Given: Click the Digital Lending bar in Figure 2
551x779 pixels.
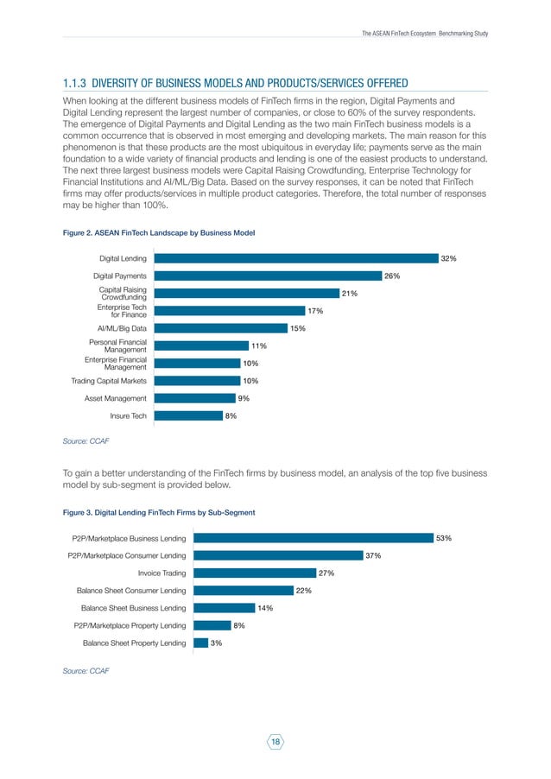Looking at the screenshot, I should [294, 258].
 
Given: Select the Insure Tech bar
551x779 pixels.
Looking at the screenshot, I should [187, 415].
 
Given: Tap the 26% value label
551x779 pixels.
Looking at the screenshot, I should [393, 275].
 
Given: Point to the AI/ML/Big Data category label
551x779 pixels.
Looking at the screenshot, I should [122, 328].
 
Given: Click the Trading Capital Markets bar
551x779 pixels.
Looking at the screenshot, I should [197, 380].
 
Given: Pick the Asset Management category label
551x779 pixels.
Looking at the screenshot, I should [115, 398].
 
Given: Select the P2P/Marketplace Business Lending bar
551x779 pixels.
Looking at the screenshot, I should [313, 537].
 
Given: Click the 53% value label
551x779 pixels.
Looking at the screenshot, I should [444, 537].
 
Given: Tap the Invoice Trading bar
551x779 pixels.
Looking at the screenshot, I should [254, 573].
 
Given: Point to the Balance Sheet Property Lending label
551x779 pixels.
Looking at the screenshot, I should [134, 643].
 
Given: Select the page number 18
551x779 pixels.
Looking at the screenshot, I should [275, 742].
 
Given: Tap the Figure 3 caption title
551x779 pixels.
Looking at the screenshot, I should [160, 513].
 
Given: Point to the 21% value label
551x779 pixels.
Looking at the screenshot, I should [350, 294].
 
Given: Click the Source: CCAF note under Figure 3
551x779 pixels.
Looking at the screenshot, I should [86, 670].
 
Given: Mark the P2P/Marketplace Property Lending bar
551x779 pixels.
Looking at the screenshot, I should [211, 625].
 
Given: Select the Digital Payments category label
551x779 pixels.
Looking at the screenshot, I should [120, 275].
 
